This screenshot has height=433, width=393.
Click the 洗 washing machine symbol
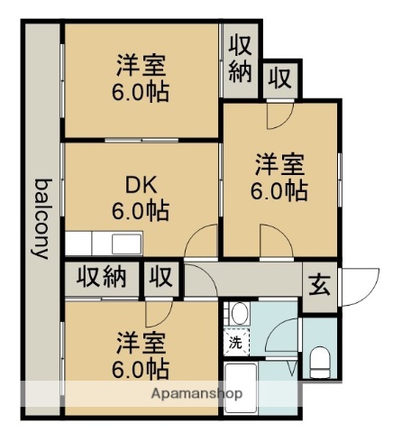[234, 342]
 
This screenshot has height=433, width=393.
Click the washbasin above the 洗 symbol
[239, 314]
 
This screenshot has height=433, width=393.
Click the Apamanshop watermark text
[196, 394]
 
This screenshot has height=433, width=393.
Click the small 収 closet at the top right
[280, 78]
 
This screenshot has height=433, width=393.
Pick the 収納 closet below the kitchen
[101, 278]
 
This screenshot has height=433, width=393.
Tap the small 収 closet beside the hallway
[161, 278]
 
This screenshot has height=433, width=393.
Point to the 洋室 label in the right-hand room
[279, 165]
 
